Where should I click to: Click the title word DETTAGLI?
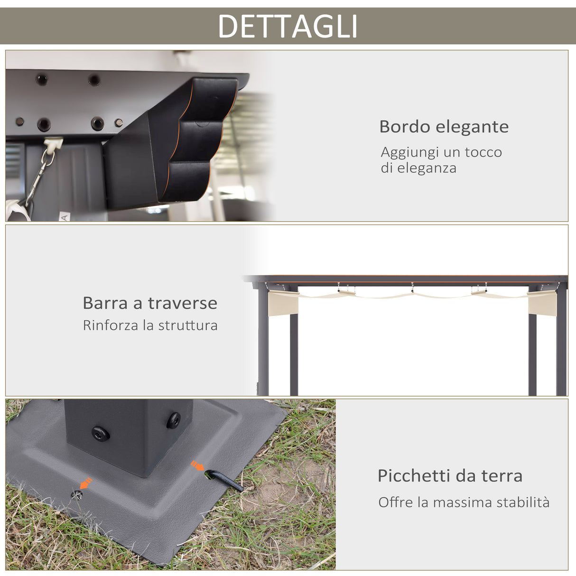tap(288, 26)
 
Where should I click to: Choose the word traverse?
tap(183, 303)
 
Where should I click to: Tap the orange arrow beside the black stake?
tap(197, 466)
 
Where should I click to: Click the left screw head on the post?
tap(101, 433)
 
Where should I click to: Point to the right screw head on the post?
tap(173, 420)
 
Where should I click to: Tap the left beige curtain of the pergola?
tap(283, 302)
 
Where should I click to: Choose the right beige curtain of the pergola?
tap(542, 303)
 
